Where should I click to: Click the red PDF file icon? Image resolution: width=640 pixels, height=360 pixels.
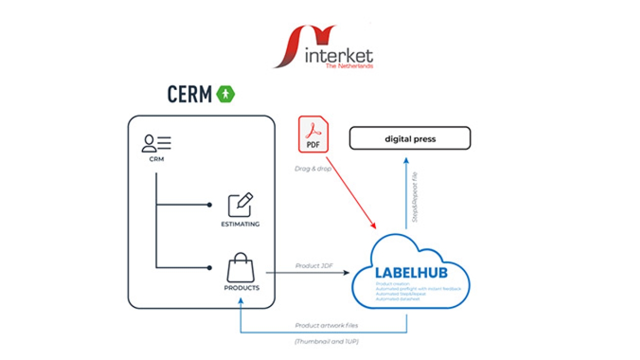tap(313, 133)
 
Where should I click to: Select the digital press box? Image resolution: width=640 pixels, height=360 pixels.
tap(409, 138)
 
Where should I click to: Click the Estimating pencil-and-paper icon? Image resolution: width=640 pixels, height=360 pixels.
tap(240, 204)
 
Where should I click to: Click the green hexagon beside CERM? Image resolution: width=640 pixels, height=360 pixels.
tap(225, 93)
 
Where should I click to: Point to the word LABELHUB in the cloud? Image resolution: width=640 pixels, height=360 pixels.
tap(411, 273)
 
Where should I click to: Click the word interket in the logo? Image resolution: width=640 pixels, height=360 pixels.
tap(338, 55)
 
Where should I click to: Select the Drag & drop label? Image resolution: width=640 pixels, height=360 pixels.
tap(313, 168)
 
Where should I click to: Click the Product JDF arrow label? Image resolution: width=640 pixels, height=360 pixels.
tap(313, 265)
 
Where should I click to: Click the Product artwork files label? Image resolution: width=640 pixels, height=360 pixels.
tap(326, 325)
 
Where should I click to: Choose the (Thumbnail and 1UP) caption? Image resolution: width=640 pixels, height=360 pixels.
tap(326, 341)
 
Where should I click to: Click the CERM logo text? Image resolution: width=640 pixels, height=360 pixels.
tap(189, 94)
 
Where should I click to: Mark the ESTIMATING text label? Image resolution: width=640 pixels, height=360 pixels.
tap(240, 224)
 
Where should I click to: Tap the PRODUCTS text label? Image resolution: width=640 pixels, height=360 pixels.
tap(241, 288)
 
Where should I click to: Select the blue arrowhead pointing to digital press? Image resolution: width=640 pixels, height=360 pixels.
tap(406, 159)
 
